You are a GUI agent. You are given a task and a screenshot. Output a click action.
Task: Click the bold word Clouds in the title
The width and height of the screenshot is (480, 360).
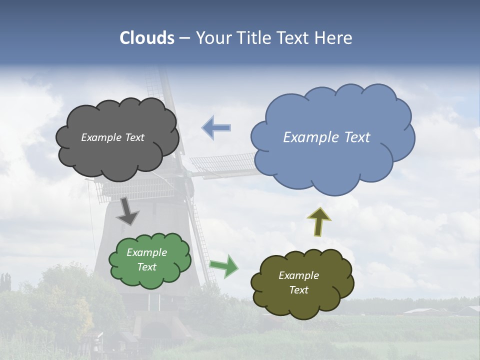(147, 38)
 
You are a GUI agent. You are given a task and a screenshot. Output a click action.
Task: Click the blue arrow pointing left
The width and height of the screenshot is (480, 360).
(216, 128)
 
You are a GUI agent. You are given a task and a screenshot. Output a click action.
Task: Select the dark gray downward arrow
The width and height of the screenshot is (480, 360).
(127, 211)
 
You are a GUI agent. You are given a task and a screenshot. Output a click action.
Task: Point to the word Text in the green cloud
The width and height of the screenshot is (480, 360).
(147, 267)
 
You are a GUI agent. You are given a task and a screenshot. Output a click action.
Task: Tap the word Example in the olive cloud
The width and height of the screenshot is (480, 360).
(298, 275)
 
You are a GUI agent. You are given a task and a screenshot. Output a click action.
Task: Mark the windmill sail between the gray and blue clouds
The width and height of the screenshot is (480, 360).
(222, 165)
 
